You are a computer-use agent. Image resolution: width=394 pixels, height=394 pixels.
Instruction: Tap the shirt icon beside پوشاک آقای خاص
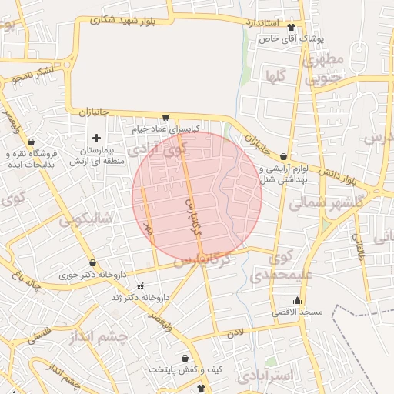click(x=290, y=25)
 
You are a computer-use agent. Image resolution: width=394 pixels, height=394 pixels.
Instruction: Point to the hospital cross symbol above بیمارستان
click(x=96, y=138)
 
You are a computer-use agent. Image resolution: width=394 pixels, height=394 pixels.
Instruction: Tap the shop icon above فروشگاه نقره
click(x=31, y=142)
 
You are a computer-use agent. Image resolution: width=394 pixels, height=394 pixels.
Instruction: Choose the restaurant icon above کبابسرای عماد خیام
click(x=165, y=118)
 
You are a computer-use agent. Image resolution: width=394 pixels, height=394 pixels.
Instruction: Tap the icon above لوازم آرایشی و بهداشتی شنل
click(x=284, y=156)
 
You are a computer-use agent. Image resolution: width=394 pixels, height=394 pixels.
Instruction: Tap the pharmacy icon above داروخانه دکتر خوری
click(x=93, y=262)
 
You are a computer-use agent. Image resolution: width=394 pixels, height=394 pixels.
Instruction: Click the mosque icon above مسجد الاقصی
click(x=298, y=300)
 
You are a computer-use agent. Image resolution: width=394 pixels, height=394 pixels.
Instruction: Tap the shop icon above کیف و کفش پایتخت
click(x=185, y=358)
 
